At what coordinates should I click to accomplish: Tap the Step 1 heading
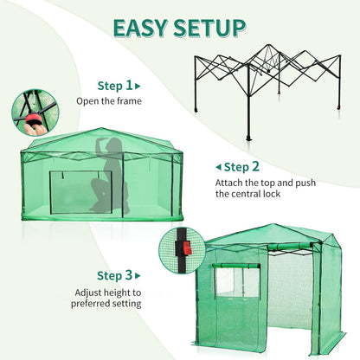pos(115,86)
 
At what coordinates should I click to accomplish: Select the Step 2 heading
pos(242,166)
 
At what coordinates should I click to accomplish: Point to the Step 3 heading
pos(115,275)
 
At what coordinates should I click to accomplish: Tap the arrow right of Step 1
pos(138,86)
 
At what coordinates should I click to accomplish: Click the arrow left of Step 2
pos(217,166)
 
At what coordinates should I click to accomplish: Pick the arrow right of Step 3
pos(138,275)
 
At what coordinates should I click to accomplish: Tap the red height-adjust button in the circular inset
pos(185,247)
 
